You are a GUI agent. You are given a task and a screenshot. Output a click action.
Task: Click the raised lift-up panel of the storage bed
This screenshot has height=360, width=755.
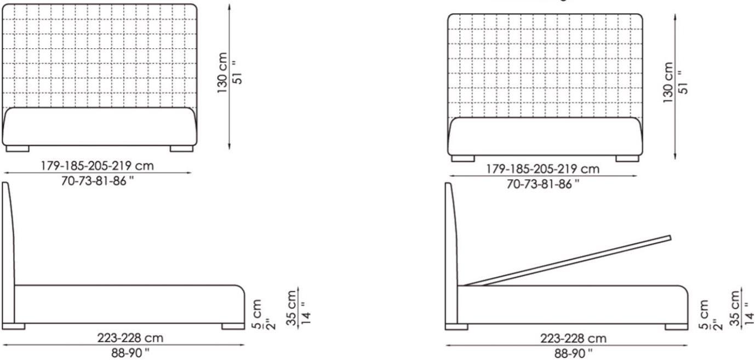[x=568, y=261]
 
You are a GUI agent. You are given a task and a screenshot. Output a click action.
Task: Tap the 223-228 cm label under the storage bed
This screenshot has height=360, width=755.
[x=573, y=338]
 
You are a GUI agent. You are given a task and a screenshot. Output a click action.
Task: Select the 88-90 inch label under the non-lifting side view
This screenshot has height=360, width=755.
[x=130, y=353]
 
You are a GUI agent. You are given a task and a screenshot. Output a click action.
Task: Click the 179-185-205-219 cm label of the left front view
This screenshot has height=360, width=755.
[x=97, y=165]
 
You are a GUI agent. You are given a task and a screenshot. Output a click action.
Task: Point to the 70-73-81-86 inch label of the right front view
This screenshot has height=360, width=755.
[x=542, y=184]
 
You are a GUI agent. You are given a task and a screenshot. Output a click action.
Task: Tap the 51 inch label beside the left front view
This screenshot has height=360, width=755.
[x=238, y=72]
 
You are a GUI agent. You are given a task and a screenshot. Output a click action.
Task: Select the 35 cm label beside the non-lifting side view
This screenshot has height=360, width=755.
[x=291, y=308]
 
